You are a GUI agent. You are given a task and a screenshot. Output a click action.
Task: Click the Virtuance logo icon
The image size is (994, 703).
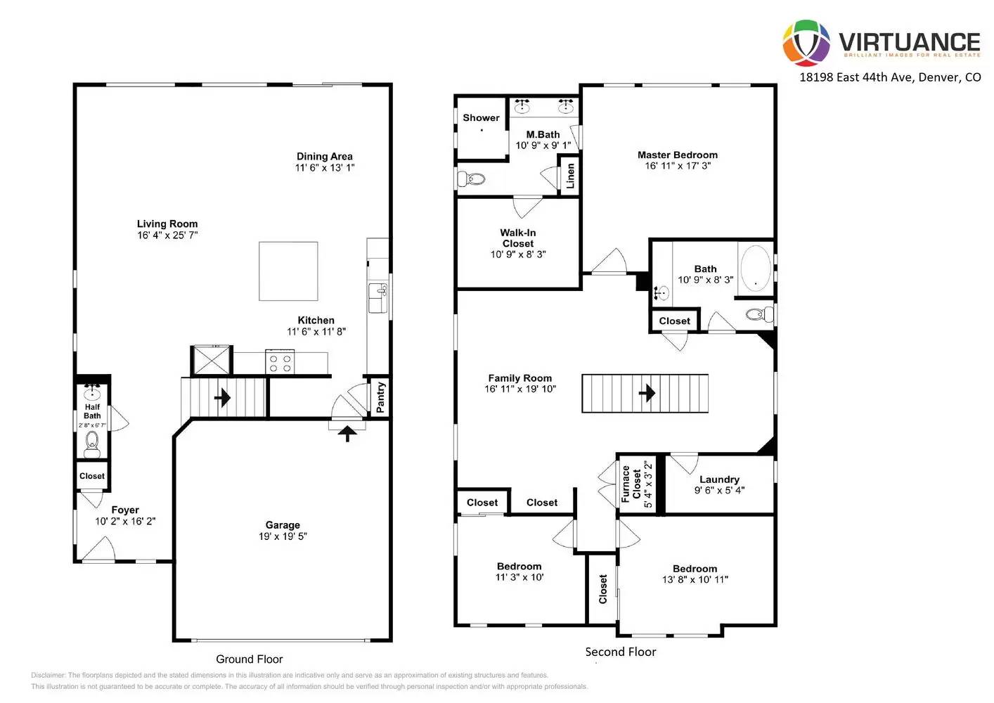pyautogui.click(x=806, y=43)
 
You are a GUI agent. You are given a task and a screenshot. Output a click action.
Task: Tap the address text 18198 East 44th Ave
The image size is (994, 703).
pyautogui.click(x=889, y=77)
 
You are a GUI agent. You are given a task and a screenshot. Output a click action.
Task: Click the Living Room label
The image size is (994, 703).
pyautogui.click(x=167, y=224)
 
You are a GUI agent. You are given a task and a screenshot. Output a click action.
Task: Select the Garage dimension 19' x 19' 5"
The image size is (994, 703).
pyautogui.click(x=283, y=536)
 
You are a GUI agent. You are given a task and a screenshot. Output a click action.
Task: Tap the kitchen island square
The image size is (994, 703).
pyautogui.click(x=288, y=271)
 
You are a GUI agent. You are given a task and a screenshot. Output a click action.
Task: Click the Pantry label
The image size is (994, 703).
pyautogui.click(x=380, y=397)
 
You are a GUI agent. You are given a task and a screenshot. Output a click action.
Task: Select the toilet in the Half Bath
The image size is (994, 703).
pyautogui.click(x=92, y=444)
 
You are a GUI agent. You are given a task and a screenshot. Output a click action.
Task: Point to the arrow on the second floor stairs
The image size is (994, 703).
pyautogui.click(x=647, y=393)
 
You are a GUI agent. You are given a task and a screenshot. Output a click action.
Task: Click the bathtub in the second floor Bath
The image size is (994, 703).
pyautogui.click(x=756, y=268)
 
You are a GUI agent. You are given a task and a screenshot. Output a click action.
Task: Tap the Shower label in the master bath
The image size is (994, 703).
pyautogui.click(x=481, y=117)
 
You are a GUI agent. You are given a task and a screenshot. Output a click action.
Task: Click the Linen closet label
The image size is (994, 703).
pyautogui.click(x=570, y=175)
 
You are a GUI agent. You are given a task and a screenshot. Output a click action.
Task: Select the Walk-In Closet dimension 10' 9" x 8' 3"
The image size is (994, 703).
pyautogui.click(x=518, y=254)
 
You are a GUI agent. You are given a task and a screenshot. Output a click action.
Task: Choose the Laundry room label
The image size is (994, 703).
pyautogui.click(x=719, y=479)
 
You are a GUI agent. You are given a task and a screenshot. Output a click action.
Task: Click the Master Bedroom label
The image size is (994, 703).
pyautogui.click(x=678, y=155)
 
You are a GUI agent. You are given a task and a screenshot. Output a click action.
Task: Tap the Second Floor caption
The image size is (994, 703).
pyautogui.click(x=621, y=652)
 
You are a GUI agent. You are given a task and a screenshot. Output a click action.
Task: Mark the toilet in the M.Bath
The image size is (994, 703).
pyautogui.click(x=472, y=179)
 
